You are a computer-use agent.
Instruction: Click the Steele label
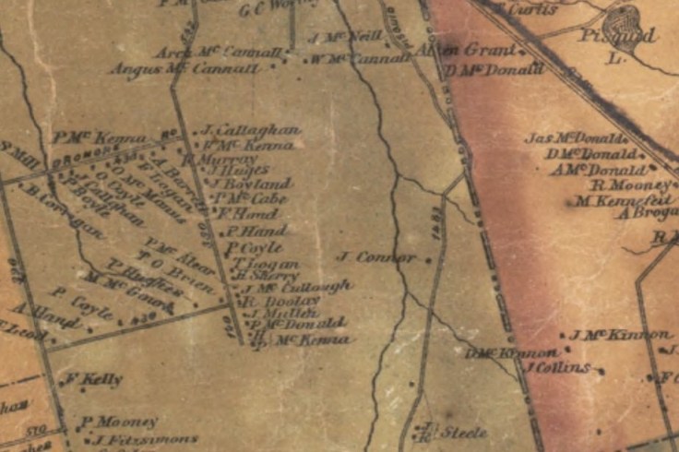tap(462, 432)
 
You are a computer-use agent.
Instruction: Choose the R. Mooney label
tap(628, 184)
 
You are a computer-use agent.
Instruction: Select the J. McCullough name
tap(293, 288)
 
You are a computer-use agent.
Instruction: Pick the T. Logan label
tap(266, 262)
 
